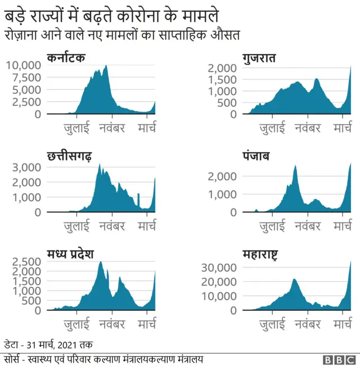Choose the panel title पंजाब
tap(256, 156)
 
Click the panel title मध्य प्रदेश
tap(70, 253)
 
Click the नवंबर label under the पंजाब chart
tap(307, 226)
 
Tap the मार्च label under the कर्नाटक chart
tap(147, 128)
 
